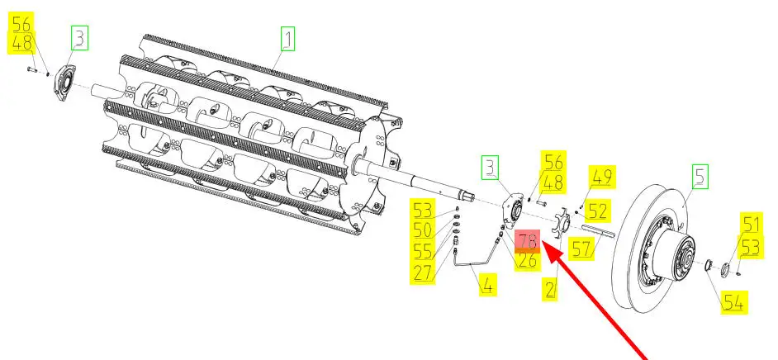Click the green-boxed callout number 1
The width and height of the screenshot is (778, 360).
[x=287, y=38]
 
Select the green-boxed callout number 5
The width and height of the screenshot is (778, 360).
[x=700, y=175]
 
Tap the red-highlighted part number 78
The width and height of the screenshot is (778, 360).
[x=527, y=240]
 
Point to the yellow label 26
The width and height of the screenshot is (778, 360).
[x=527, y=260]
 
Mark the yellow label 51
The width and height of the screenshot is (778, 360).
[x=751, y=224]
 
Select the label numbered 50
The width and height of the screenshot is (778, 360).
[x=424, y=230]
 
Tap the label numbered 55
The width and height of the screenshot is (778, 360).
[x=424, y=251]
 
